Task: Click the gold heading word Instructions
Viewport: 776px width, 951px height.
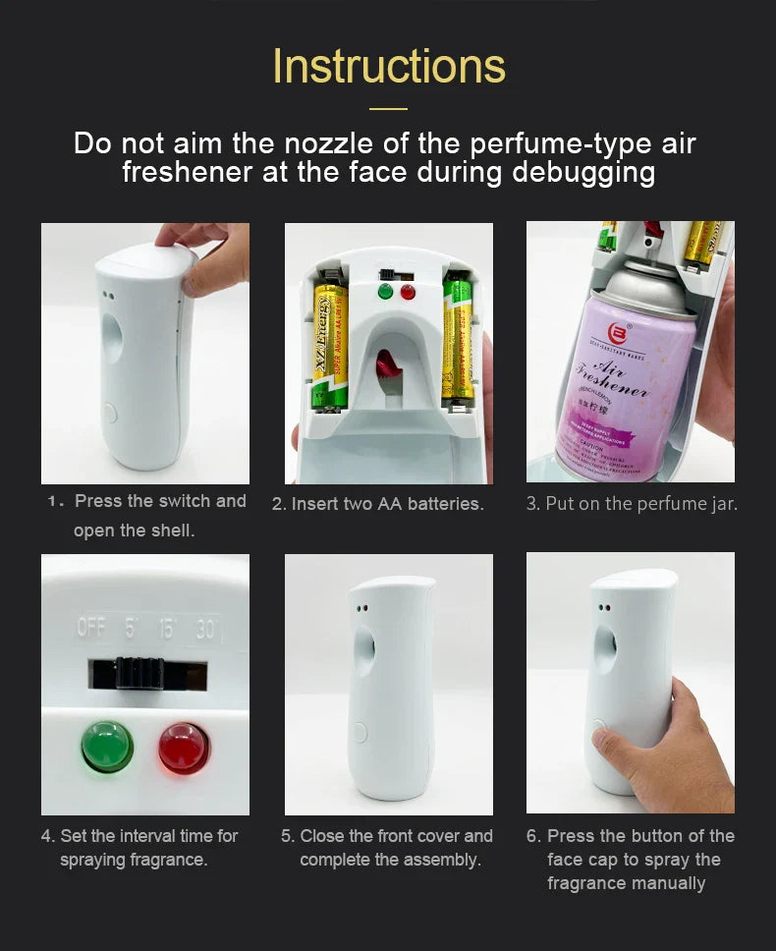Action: pos(389,66)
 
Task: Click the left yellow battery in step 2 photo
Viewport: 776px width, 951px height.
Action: pos(330,344)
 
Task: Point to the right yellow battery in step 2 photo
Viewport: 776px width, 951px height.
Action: pos(457,339)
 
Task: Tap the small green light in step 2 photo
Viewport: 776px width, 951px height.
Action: pos(385,292)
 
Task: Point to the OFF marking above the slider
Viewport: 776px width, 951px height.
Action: pos(91,628)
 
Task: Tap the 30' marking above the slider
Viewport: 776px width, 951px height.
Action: pos(206,628)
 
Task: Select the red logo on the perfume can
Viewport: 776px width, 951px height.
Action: pos(619,331)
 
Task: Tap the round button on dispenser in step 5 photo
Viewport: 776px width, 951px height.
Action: pos(359,732)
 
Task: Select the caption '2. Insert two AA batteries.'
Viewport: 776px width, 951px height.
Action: pos(378,504)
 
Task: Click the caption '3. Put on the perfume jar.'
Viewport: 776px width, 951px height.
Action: pos(632,504)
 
